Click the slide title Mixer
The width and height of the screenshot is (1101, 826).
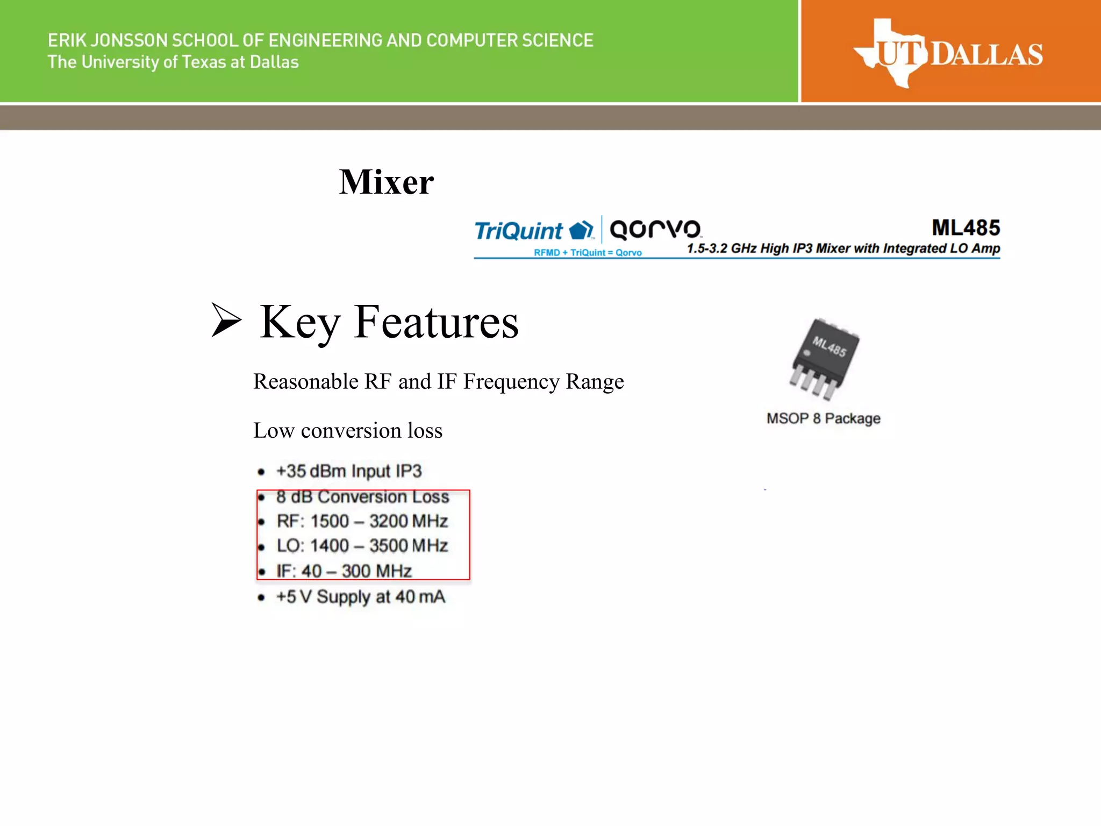coord(386,182)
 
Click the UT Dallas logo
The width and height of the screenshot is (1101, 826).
coord(948,54)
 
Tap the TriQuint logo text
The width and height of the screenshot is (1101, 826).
coord(518,231)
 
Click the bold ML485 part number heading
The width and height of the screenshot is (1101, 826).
coord(966,227)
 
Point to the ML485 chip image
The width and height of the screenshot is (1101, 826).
coord(824,358)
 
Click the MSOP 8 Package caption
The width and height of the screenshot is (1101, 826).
coord(823,418)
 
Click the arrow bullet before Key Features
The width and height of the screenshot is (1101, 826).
coord(226,320)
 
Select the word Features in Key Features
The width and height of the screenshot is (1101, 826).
coord(436,322)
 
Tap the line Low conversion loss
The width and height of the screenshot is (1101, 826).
coord(348,430)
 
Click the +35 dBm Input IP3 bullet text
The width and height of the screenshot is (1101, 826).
coord(349,471)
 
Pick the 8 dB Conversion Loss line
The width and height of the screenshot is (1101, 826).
coord(362,497)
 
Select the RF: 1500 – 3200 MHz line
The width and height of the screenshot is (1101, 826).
coord(362,521)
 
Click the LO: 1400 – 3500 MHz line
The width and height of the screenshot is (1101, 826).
coord(362,546)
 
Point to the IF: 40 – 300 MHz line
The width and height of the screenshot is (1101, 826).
coord(344,571)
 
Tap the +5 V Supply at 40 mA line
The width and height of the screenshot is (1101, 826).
coord(361,597)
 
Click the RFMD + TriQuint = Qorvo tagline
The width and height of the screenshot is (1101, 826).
coord(588,253)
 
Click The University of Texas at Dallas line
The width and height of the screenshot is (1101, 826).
coord(173,62)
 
